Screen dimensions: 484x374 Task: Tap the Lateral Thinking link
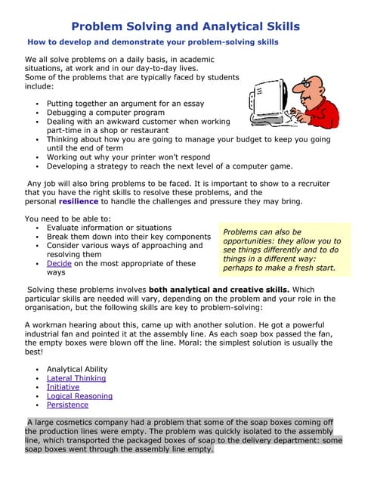click(76, 378)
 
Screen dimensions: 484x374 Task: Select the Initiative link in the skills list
click(63, 387)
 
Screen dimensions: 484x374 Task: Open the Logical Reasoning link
click(79, 396)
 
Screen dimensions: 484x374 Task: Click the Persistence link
click(67, 405)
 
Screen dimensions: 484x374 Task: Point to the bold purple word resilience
click(78, 201)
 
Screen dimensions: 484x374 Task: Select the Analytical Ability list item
click(77, 369)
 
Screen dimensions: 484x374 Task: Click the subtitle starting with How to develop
click(150, 42)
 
